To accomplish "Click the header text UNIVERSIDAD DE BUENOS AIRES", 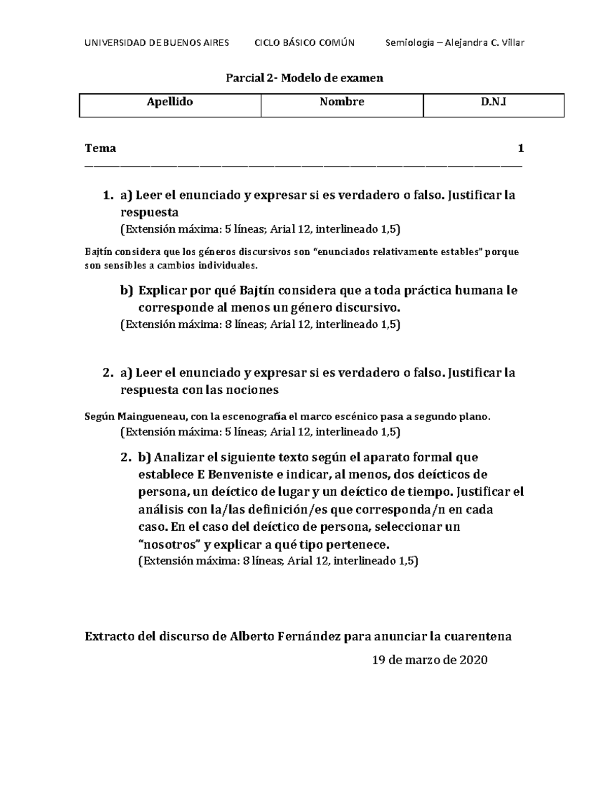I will click(x=157, y=43).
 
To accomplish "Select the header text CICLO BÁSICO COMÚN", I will click(x=304, y=43).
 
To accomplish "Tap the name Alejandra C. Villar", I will click(x=484, y=43).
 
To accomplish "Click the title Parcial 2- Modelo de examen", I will click(x=304, y=78).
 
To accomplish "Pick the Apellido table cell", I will click(x=170, y=102).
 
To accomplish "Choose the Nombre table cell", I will click(x=342, y=102).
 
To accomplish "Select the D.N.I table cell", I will click(x=493, y=102).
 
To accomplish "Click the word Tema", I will click(x=100, y=148).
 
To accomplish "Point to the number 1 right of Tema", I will click(x=520, y=148).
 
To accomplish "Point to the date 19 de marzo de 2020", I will click(x=429, y=660).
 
